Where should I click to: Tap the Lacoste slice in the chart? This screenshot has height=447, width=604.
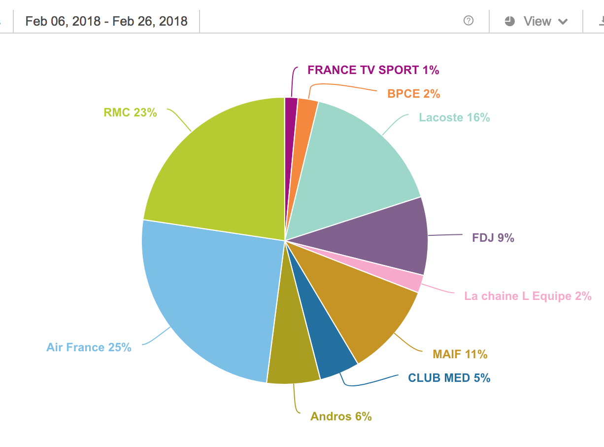pos(355,158)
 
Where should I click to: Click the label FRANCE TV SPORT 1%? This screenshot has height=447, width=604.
pos(373,70)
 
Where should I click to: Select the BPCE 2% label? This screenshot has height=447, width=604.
pos(413,93)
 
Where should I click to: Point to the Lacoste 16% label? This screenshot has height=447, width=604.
pos(454,117)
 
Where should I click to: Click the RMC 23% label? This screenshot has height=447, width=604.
pos(130,112)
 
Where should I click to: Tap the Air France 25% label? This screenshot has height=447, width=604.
pos(89,347)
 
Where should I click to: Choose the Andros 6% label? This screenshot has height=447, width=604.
pos(341,416)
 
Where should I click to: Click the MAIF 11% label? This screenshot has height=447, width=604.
pos(460,354)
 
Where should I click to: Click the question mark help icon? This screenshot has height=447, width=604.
pos(469,21)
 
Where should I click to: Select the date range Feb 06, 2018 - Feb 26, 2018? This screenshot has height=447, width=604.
pos(106,21)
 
